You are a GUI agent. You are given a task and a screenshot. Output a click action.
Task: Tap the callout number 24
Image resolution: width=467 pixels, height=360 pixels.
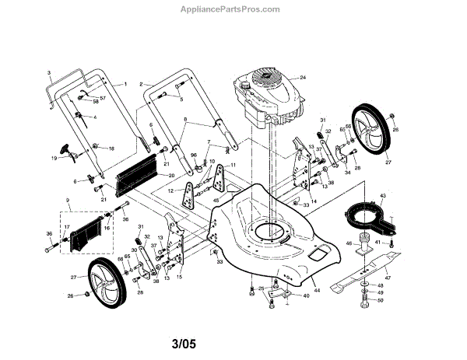(x=304, y=78)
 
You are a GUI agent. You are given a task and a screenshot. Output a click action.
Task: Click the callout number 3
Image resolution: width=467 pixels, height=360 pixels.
(x=49, y=72)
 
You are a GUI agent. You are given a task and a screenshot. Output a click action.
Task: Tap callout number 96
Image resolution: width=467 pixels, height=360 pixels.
(x=192, y=156)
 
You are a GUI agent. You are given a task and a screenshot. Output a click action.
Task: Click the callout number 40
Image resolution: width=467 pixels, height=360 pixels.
(x=306, y=295)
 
